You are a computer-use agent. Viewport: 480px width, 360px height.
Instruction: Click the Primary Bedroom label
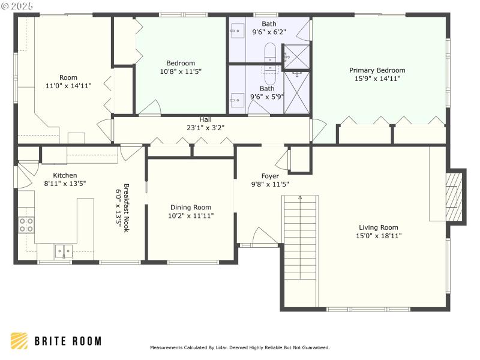pos(377,70)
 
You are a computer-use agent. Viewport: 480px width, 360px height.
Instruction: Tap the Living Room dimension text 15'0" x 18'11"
pos(379,236)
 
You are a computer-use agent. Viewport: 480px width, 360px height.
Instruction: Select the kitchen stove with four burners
pos(26,224)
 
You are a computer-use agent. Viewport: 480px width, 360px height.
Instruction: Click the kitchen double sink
pos(63,250)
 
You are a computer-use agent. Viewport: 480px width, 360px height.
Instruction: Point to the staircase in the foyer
pos(300,237)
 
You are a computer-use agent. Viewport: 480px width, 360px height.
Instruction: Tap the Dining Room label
pos(191,207)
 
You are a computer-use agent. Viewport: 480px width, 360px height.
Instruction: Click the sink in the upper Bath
pos(236,28)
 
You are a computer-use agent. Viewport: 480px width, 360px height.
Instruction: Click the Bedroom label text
pos(181,63)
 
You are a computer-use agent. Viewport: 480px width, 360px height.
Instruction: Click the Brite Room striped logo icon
pos(19,341)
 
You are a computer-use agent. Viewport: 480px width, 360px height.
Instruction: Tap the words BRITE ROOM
pos(67,341)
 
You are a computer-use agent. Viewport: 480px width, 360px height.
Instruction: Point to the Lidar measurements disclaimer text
pos(239,347)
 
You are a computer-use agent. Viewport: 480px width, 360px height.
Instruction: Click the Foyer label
pos(270,176)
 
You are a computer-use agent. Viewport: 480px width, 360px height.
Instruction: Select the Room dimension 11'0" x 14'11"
pos(68,86)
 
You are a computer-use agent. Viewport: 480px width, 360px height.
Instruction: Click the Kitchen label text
pos(65,175)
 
